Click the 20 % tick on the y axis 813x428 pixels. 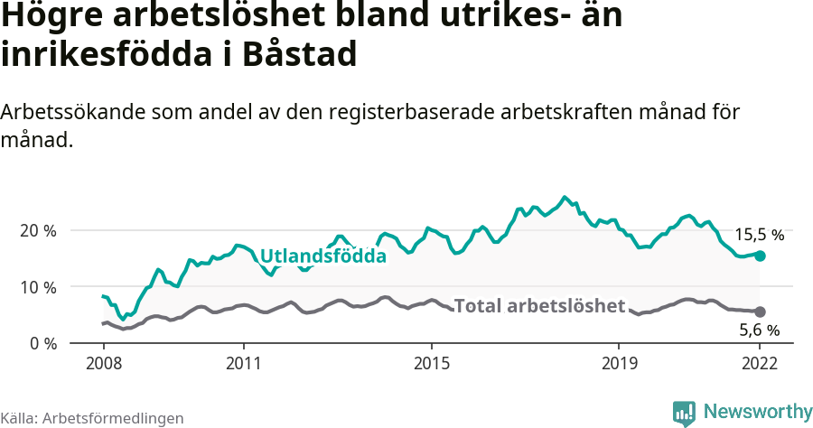coord(37,230)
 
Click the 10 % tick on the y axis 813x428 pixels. coord(37,287)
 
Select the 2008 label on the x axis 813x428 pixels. coord(103,364)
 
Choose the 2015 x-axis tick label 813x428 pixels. coord(431,364)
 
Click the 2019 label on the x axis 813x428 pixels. coord(619,364)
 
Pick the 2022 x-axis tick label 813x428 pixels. coord(760,364)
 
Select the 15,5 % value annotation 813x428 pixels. coord(759,235)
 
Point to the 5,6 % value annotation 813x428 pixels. coord(759,330)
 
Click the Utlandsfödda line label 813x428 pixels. coord(323,256)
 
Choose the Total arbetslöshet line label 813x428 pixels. coord(539,306)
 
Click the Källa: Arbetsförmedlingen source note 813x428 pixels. coord(92,418)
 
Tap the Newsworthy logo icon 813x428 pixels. coord(684,413)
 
